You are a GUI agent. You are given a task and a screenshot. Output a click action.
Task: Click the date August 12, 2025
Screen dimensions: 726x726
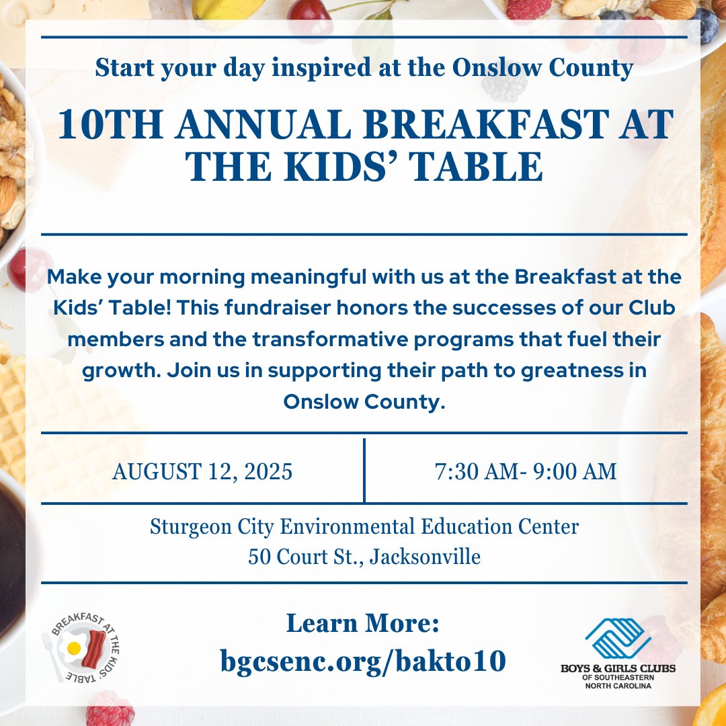[202, 472]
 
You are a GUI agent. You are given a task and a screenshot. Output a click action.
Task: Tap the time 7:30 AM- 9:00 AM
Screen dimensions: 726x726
[526, 472]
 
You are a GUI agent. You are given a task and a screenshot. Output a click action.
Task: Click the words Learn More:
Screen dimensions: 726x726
[362, 624]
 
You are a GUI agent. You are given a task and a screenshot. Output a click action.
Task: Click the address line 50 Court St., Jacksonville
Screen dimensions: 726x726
[364, 557]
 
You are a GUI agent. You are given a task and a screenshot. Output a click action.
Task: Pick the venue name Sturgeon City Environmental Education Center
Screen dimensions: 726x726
[364, 526]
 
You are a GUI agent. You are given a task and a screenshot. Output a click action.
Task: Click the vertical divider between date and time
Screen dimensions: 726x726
[364, 471]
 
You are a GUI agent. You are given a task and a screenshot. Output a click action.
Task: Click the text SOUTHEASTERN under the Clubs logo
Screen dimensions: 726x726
[618, 678]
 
